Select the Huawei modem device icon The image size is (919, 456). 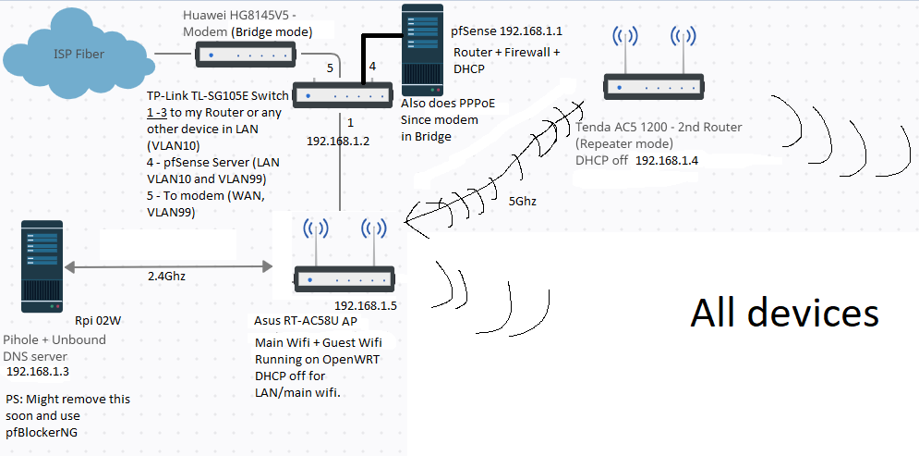pyautogui.click(x=244, y=56)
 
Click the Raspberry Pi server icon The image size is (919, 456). pyautogui.click(x=42, y=268)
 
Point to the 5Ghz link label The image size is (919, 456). pyautogui.click(x=523, y=199)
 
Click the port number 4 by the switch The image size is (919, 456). pyautogui.click(x=372, y=67)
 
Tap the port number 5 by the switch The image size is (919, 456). pyautogui.click(x=329, y=69)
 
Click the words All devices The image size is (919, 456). pyautogui.click(x=784, y=313)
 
